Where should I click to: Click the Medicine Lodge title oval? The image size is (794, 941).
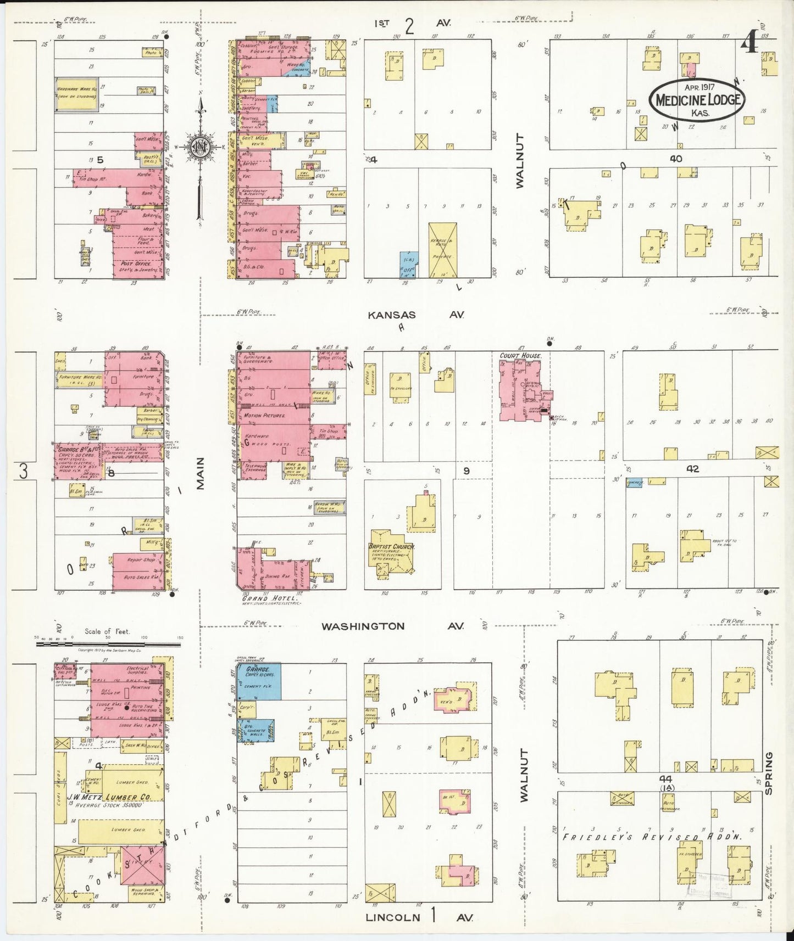(x=697, y=100)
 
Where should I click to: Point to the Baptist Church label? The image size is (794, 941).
(x=391, y=546)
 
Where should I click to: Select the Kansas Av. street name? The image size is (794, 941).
(x=416, y=315)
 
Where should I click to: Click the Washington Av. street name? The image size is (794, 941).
(x=392, y=626)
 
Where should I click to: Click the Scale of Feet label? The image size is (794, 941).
(x=107, y=631)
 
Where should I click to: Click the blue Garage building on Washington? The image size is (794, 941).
(x=259, y=681)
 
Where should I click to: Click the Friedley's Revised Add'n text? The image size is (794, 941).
(x=652, y=837)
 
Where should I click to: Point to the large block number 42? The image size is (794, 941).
(x=692, y=469)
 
